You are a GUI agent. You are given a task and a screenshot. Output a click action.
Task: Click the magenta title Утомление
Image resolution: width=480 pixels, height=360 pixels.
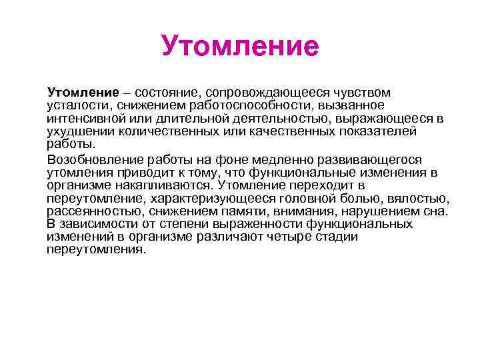click(240, 47)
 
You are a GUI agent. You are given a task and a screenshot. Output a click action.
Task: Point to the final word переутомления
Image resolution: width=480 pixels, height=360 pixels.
click(95, 250)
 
